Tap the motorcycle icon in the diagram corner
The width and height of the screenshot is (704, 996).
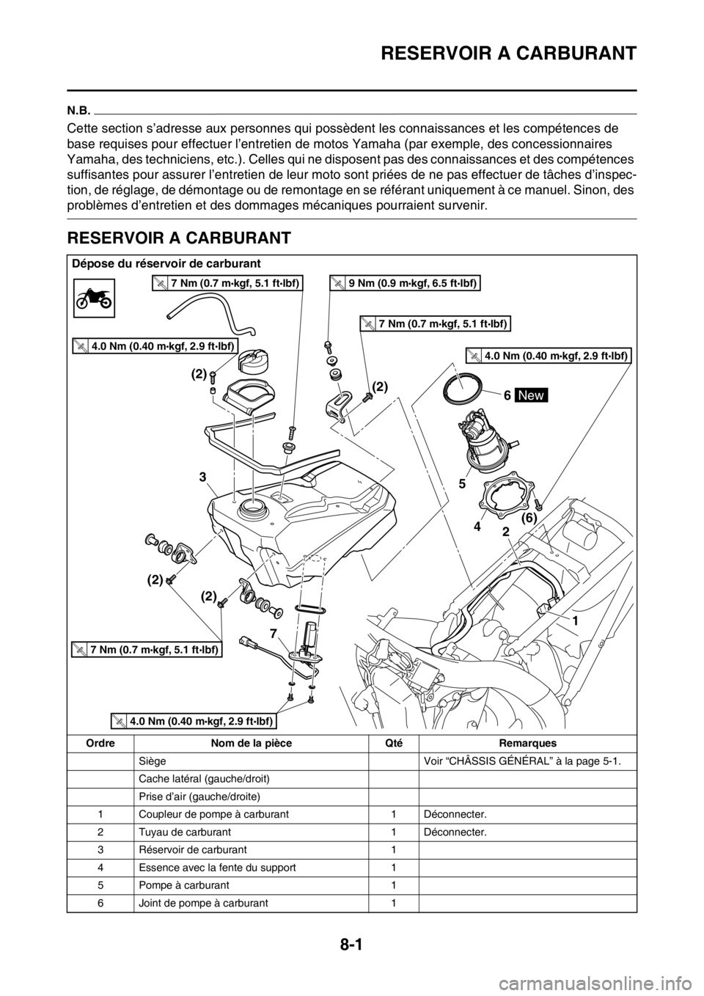(x=94, y=297)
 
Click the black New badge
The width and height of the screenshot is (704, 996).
(x=531, y=395)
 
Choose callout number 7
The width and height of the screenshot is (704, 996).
(x=272, y=631)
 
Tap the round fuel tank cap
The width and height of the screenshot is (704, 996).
(x=260, y=362)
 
